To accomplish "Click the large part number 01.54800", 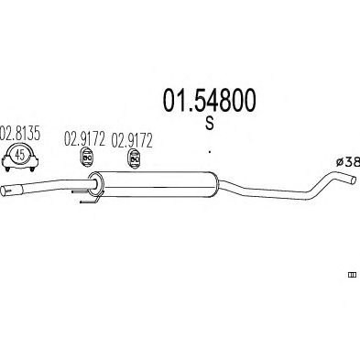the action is pos(209,100).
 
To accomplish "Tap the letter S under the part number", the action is pos(210,123).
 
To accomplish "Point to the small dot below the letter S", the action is pos(210,151).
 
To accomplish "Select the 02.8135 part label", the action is pos(20,134).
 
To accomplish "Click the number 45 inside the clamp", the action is pos(20,155).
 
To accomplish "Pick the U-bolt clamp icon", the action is pos(20,158).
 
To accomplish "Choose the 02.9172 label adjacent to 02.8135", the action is pos(84,139).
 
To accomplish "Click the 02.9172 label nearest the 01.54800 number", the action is pos(132,140).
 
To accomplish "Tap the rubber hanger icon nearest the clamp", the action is pos(87,158).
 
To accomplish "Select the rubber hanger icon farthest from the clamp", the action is pos(134,158).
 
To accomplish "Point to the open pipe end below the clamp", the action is pos(4,191).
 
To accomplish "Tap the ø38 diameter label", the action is pos(348,162).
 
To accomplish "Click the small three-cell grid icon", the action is pos(352,275).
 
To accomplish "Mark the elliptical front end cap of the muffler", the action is pos(96,183).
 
